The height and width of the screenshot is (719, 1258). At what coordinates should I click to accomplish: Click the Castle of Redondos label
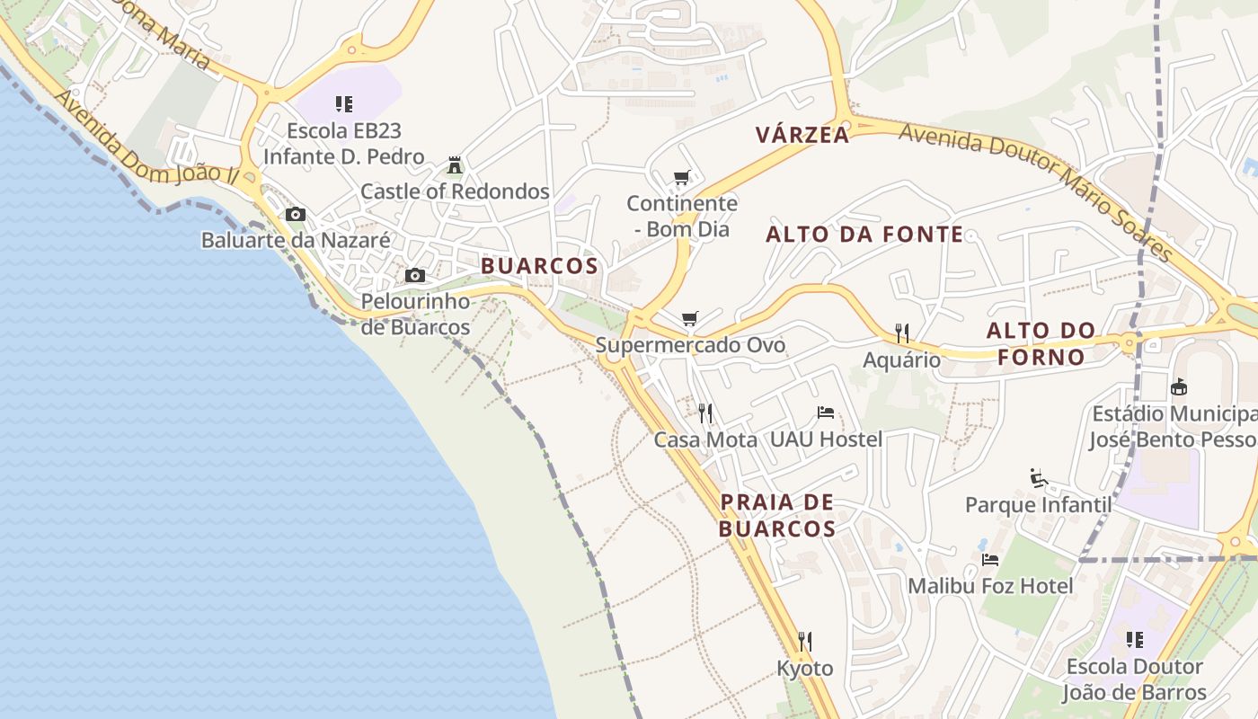click(x=455, y=191)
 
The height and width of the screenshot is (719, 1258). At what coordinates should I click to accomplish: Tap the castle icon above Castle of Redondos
click(x=455, y=166)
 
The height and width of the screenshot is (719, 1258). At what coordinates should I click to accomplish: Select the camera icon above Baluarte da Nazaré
click(x=295, y=214)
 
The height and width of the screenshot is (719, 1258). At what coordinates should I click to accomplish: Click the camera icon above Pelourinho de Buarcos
click(x=415, y=275)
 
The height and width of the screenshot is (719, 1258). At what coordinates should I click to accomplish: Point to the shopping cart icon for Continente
click(x=682, y=177)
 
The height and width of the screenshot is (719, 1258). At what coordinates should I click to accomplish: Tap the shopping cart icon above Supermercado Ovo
click(x=690, y=319)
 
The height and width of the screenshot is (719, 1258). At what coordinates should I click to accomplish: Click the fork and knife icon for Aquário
click(x=902, y=333)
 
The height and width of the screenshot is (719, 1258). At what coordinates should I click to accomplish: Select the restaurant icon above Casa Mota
click(x=705, y=413)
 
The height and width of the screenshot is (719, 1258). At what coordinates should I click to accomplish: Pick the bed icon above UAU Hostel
click(x=826, y=413)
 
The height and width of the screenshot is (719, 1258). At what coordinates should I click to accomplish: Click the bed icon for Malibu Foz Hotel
click(x=990, y=559)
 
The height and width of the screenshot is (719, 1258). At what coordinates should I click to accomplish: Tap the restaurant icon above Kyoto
click(x=805, y=642)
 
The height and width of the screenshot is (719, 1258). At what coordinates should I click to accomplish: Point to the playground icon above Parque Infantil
click(x=1038, y=477)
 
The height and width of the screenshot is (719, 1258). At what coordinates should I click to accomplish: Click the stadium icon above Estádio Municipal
click(x=1179, y=387)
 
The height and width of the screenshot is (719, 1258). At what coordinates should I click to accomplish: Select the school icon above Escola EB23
click(x=343, y=104)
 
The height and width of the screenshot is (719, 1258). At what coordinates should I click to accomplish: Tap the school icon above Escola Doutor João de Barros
click(x=1134, y=640)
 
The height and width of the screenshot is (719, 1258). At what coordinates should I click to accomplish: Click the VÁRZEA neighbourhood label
click(x=802, y=136)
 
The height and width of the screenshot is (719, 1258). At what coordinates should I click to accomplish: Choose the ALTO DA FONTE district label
click(x=864, y=235)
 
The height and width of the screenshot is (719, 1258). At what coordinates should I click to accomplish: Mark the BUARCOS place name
click(x=539, y=266)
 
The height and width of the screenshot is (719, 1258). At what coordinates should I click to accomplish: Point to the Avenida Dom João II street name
click(x=147, y=138)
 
